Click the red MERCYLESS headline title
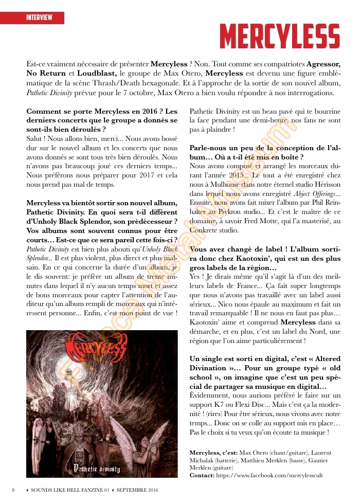coord(280,36)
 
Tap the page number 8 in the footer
coord(13,490)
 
